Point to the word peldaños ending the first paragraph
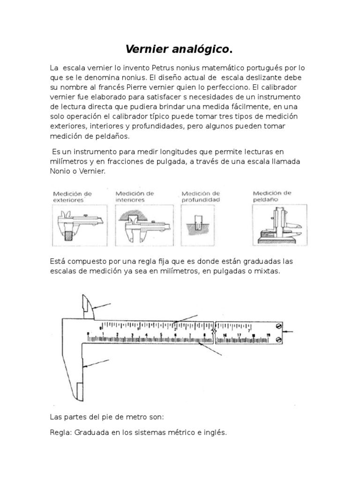click(112, 136)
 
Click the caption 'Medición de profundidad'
click(201, 196)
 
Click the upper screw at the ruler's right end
click(279, 325)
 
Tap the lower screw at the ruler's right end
click(279, 339)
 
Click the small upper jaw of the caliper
click(88, 307)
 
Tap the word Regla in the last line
click(59, 433)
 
